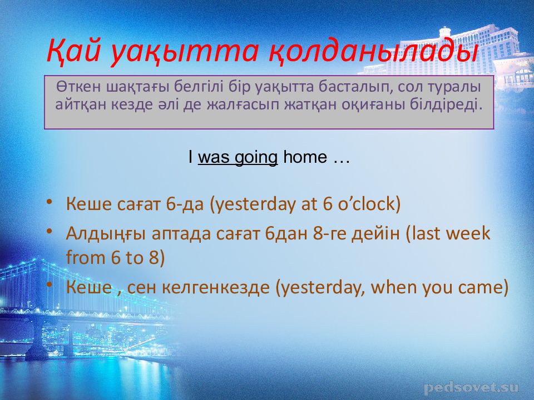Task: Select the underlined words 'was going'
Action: click(238, 157)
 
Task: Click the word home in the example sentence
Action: click(305, 157)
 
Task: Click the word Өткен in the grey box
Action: click(79, 87)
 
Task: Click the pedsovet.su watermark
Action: click(471, 387)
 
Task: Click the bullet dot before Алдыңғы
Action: click(50, 231)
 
